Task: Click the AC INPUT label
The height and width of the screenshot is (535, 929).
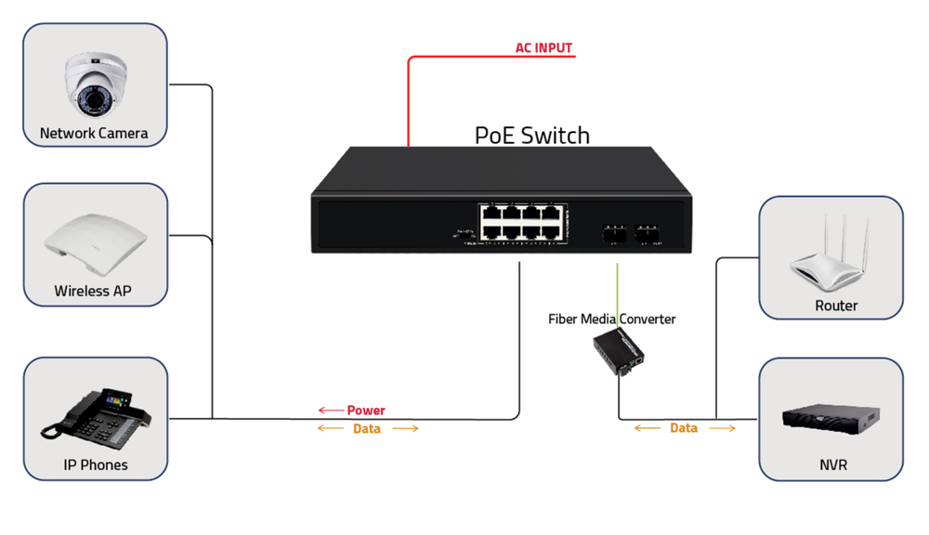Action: pyautogui.click(x=543, y=47)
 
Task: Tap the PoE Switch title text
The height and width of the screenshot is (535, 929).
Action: pyautogui.click(x=531, y=135)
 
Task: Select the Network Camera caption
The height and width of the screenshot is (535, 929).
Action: pyautogui.click(x=94, y=134)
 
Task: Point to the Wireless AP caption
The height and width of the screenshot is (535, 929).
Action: pyautogui.click(x=93, y=291)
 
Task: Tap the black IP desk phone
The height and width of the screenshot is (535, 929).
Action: pyautogui.click(x=94, y=415)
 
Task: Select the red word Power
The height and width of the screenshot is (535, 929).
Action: pyautogui.click(x=366, y=410)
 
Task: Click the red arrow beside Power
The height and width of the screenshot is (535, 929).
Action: pyautogui.click(x=329, y=410)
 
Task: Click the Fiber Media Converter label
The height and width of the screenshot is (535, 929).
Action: pyautogui.click(x=611, y=320)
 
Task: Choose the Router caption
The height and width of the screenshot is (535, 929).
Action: pyautogui.click(x=836, y=306)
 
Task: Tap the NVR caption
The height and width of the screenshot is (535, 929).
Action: pyautogui.click(x=833, y=464)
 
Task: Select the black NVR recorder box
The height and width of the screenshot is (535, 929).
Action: pyautogui.click(x=831, y=420)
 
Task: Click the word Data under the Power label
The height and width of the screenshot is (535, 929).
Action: pyautogui.click(x=367, y=429)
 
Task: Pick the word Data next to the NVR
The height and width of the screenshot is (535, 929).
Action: pyautogui.click(x=684, y=428)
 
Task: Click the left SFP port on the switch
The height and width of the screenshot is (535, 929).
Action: pyautogui.click(x=612, y=231)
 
